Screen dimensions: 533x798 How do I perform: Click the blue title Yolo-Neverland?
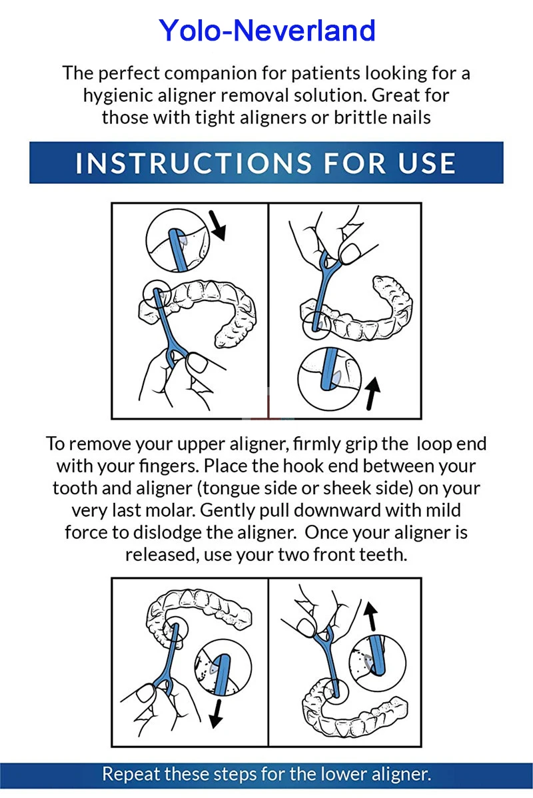[266, 31]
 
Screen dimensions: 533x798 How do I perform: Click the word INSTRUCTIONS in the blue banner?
[193, 163]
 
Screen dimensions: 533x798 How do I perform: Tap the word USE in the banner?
[426, 163]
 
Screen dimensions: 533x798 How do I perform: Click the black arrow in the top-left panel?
[217, 225]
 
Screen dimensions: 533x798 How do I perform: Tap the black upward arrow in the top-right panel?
[372, 394]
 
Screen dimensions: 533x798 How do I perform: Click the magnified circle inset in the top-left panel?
[147, 239]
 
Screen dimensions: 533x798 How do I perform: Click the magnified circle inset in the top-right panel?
[299, 379]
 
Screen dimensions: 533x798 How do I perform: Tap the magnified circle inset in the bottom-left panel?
[196, 667]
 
